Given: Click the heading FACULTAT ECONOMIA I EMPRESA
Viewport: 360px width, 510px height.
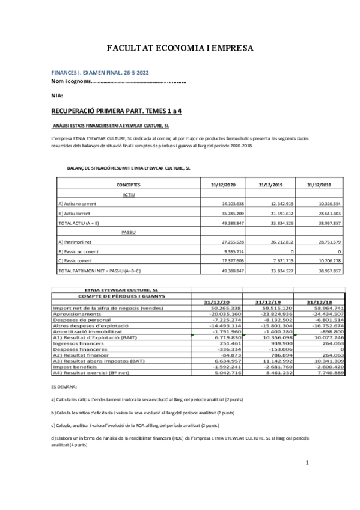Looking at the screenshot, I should pyautogui.click(x=180, y=48).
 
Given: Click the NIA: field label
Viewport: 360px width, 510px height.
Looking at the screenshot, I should pyautogui.click(x=58, y=95).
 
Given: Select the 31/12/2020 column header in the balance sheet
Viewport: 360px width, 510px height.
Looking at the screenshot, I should pyautogui.click(x=223, y=185).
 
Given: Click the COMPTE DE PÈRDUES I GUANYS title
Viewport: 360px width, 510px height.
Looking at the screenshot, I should pyautogui.click(x=120, y=296).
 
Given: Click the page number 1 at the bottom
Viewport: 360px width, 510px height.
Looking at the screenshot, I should pyautogui.click(x=307, y=462).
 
